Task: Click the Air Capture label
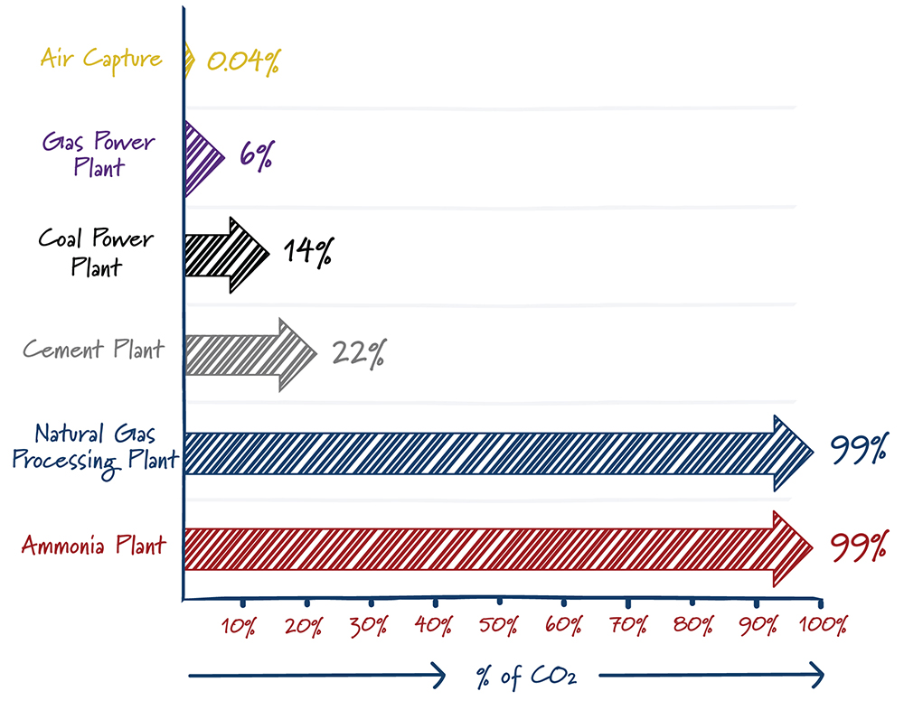coord(101,60)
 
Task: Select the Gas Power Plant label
coord(99,154)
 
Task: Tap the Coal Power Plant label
coord(96,252)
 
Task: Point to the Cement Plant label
coord(94,350)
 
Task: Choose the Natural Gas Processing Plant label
coord(94,447)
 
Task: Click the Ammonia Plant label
coord(94,546)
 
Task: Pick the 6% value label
coord(256,155)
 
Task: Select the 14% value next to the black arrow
coord(306,252)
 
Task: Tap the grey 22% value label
coord(358,353)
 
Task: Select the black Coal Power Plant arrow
coord(226,254)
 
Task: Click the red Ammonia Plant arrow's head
coord(792,547)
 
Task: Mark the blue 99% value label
coord(856,450)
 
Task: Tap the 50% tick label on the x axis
coord(500,626)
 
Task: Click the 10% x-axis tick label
coord(239,626)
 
